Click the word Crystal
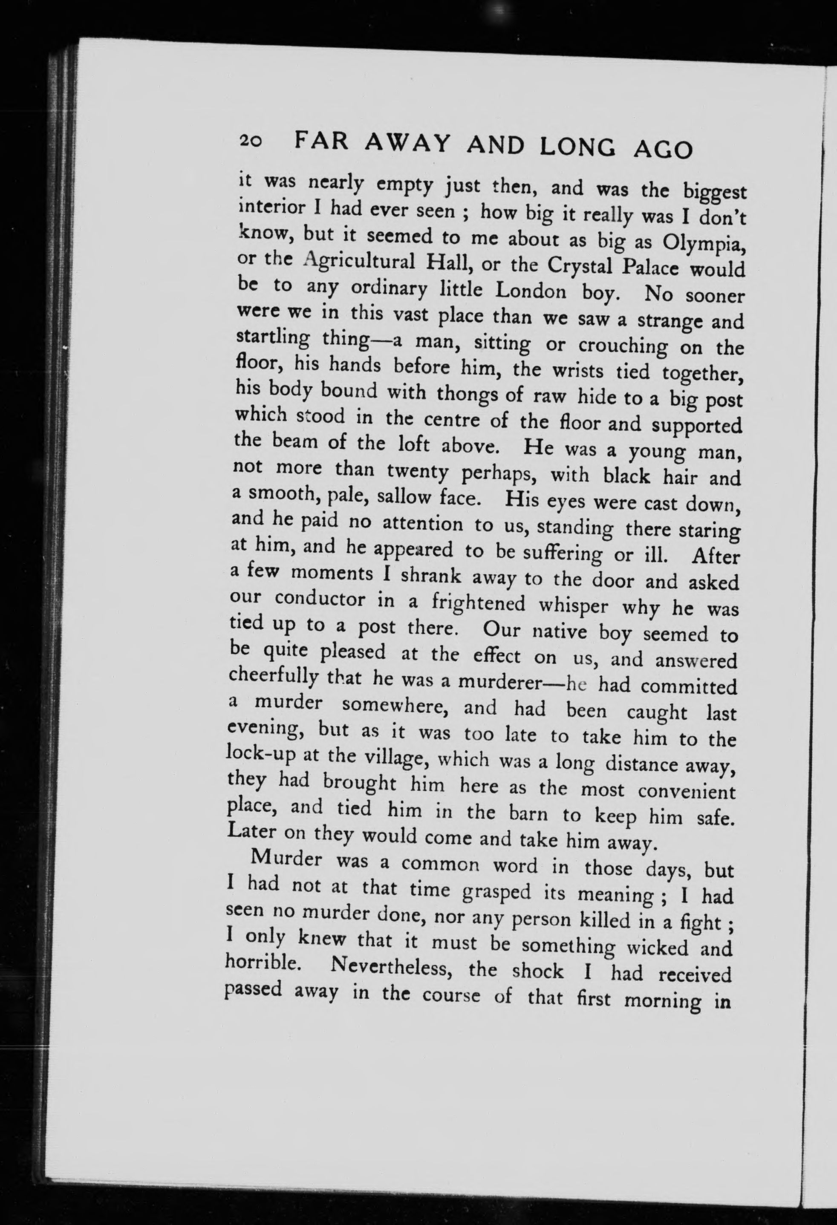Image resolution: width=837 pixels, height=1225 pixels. click(580, 266)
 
